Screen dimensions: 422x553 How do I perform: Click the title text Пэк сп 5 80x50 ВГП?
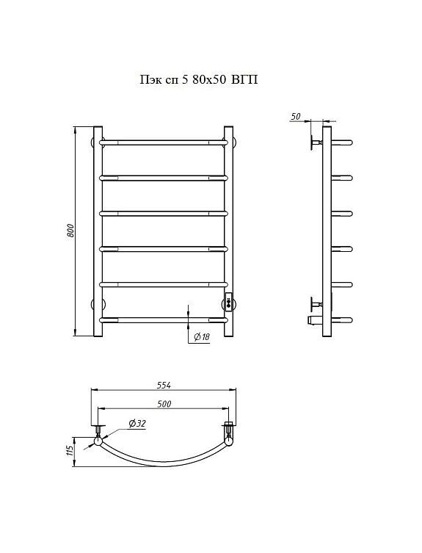tap(199, 79)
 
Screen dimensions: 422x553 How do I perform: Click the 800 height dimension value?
tap(70, 231)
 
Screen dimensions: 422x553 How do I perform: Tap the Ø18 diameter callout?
tap(202, 337)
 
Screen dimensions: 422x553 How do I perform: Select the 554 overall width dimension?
tap(164, 385)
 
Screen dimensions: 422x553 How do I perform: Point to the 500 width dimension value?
tap(164, 404)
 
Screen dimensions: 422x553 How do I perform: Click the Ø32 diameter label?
tap(137, 424)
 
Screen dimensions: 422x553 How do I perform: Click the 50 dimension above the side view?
tap(297, 116)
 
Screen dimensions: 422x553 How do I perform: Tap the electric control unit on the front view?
tap(229, 303)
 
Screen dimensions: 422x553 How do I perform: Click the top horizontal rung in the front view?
tap(164, 142)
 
